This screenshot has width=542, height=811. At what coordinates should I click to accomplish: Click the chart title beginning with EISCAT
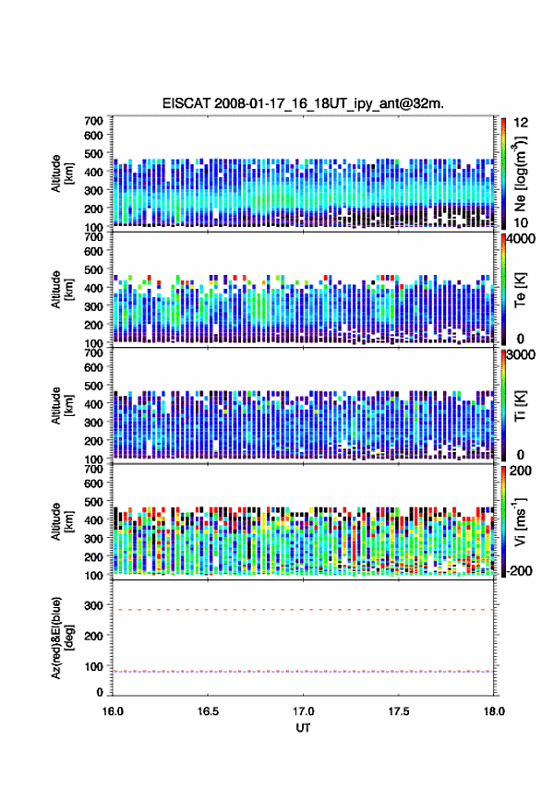tap(303, 103)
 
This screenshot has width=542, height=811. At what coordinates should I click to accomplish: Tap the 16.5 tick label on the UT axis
tap(208, 711)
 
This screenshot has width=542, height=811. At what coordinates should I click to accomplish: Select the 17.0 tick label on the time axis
tap(303, 711)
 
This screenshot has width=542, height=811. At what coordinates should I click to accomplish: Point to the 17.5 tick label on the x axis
tap(398, 711)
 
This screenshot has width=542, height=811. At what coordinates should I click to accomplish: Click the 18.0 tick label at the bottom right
tap(494, 711)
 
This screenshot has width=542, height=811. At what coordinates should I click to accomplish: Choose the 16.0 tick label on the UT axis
tap(113, 711)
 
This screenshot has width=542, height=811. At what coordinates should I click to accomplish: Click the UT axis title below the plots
tap(303, 728)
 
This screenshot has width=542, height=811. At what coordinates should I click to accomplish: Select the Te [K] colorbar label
tap(520, 290)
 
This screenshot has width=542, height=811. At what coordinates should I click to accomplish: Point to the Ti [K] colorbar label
tap(520, 406)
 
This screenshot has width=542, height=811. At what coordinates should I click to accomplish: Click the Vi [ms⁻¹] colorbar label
tap(520, 521)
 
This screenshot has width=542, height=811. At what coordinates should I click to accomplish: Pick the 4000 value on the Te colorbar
tap(521, 239)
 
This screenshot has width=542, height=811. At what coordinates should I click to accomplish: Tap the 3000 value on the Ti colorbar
tap(521, 355)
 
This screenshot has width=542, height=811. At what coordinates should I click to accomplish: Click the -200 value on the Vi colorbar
tap(520, 571)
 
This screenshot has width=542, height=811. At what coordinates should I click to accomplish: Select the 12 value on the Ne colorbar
tap(521, 123)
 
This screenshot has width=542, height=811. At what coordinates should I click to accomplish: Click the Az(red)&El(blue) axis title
tap(63, 638)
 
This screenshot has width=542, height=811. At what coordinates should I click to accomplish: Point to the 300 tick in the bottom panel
tap(93, 605)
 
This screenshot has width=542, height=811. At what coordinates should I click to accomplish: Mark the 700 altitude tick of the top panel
tap(93, 121)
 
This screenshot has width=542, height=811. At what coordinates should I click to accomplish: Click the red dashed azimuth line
tap(303, 610)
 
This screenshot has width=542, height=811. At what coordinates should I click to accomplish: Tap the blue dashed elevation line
tap(303, 672)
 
